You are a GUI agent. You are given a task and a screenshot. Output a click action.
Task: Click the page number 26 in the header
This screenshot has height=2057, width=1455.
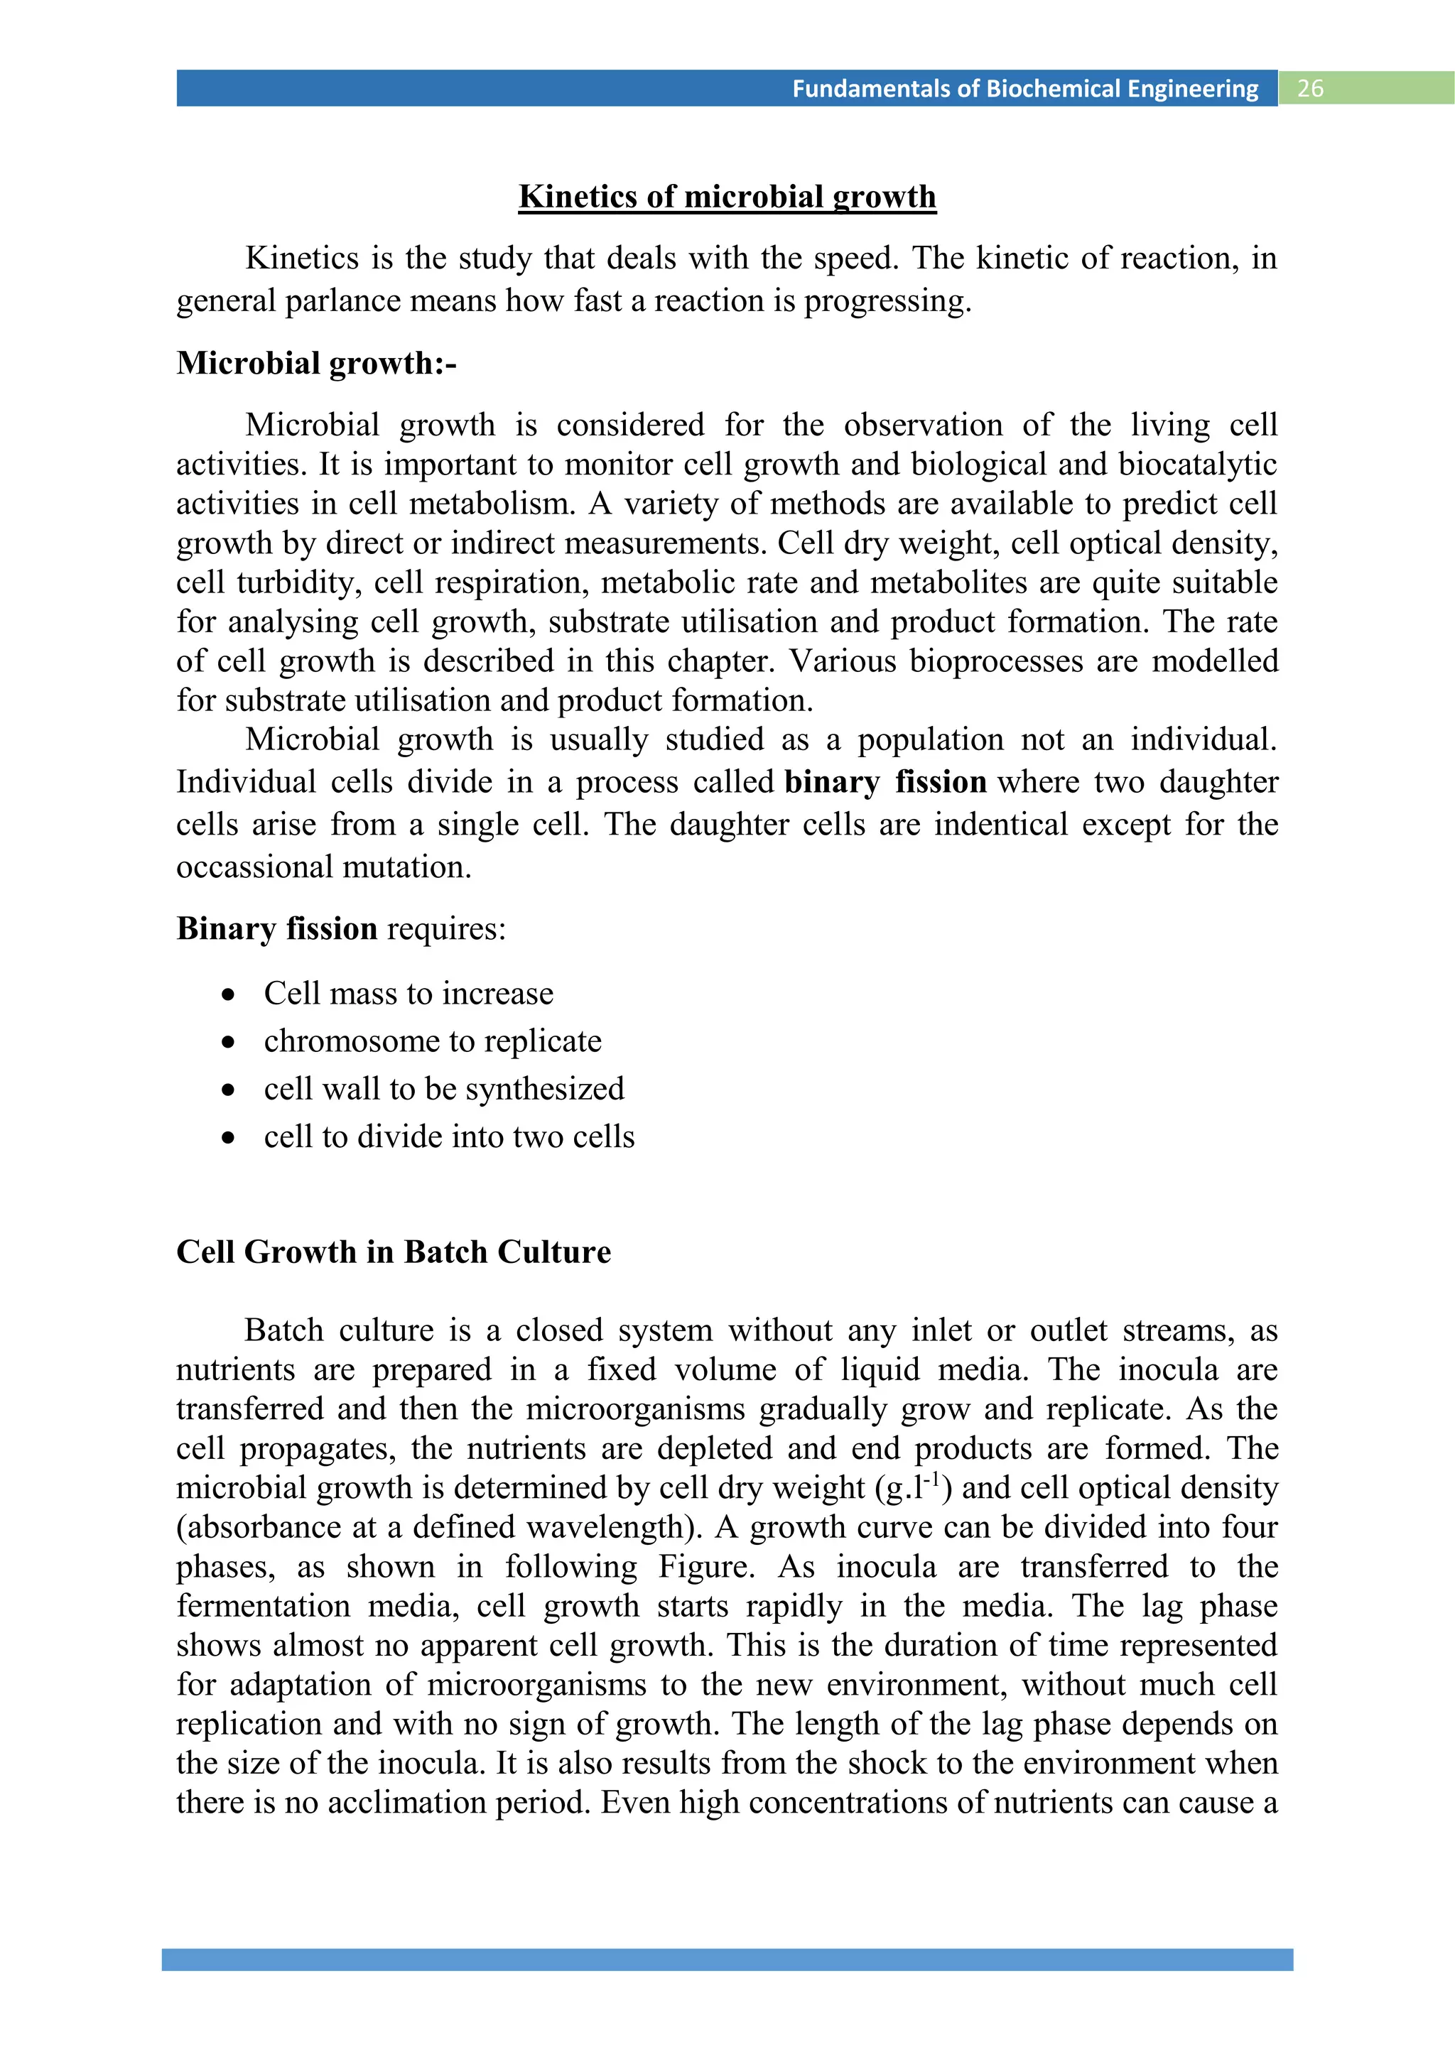point(1310,89)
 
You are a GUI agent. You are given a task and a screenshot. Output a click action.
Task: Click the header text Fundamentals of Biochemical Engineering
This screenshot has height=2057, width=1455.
point(1025,89)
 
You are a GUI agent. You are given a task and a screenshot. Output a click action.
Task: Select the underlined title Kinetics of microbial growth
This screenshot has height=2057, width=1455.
point(727,196)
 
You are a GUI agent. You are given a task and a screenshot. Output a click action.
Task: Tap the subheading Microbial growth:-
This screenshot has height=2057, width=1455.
point(316,363)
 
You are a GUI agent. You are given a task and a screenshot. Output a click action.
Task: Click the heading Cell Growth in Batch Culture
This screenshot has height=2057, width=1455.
point(394,1252)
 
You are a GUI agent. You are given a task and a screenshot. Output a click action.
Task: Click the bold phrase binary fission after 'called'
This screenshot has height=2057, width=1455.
point(885,782)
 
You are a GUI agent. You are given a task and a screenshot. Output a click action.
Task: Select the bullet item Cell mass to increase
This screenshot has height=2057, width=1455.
point(409,994)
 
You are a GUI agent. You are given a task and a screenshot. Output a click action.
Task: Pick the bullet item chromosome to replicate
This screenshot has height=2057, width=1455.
point(433,1041)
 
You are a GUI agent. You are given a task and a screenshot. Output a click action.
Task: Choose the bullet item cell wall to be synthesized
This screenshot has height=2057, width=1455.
point(443,1089)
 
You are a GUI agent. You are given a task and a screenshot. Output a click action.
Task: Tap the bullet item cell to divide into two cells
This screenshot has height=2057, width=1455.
point(449,1137)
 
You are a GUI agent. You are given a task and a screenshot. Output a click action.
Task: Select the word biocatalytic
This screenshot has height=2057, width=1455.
point(1198,464)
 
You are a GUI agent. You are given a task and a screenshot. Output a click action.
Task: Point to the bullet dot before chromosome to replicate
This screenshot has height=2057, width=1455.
point(229,1042)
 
